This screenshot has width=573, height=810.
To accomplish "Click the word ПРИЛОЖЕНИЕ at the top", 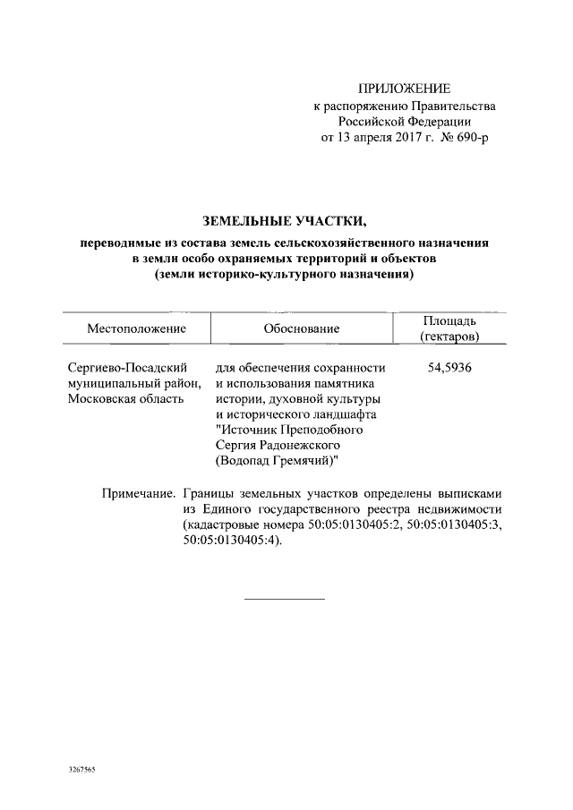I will pos(405,88).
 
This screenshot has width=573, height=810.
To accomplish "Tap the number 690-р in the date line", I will pos(471,138).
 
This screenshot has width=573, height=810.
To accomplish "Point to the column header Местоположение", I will pos(136,328).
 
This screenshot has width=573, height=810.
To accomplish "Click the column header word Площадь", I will pos(449,320).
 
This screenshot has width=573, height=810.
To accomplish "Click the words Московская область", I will pos(126,399).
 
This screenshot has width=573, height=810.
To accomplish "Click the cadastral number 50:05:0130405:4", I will pos(229,541).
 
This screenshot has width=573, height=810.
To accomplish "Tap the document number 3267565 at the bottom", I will pos(81,770).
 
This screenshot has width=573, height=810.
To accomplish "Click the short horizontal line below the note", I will pos(285,597).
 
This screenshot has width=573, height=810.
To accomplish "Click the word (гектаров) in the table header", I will pos(449,337).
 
